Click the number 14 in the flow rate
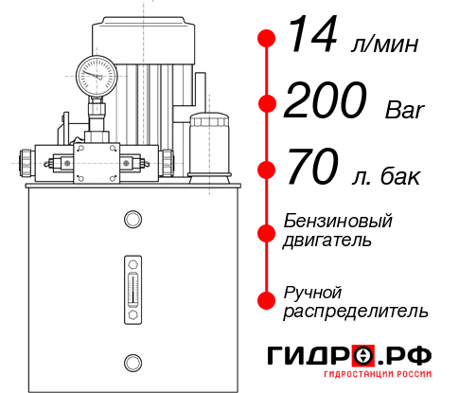click(309, 38)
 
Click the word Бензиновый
click(337, 221)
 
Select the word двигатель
click(327, 240)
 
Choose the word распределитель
click(356, 310)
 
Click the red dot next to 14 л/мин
click(267, 39)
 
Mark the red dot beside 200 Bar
click(267, 105)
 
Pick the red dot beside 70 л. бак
click(267, 171)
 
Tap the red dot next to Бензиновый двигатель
click(267, 230)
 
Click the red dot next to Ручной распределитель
click(267, 299)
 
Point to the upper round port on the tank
click(132, 221)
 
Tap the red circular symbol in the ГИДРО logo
click(362, 357)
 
